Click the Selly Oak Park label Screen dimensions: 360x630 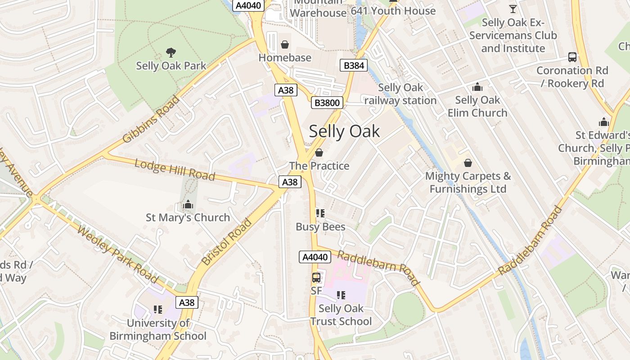coord(171,66)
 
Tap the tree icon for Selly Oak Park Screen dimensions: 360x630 coord(171,53)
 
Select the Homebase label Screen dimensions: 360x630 coord(284,58)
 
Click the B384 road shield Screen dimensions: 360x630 coord(353,66)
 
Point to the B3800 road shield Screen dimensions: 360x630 coord(327,103)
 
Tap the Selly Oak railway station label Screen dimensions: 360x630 coord(400,94)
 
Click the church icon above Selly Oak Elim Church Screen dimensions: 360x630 coord(477,87)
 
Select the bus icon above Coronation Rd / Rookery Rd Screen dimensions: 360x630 coord(572,57)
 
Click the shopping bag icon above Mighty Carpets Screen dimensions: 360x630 coord(468,162)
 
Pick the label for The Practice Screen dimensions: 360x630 coord(319,166)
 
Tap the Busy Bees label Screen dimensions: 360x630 coord(320,227)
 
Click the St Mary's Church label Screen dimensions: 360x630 coord(188,218)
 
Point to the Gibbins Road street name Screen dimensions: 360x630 coord(151,119)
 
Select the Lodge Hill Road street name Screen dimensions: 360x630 coord(175,170)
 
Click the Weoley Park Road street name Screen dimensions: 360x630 coord(117,254)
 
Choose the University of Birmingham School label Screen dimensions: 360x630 coord(158,329)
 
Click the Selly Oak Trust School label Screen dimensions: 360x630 coord(341,315)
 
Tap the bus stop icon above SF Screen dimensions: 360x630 coord(316,277)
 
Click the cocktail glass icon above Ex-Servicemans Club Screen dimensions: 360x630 coord(513,9)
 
